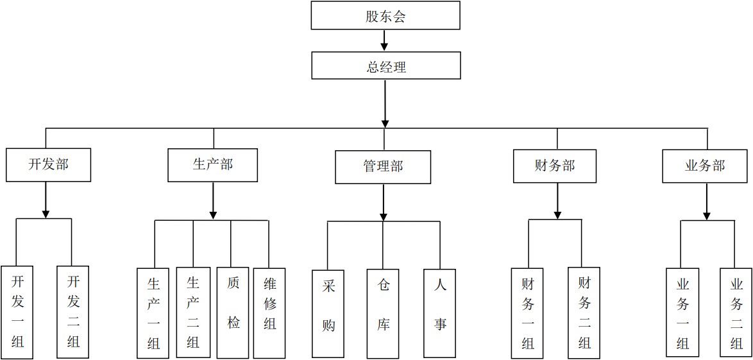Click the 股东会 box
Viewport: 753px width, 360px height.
click(385, 15)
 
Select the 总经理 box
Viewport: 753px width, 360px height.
click(385, 65)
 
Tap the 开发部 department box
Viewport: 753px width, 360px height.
click(48, 165)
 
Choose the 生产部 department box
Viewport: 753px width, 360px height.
click(212, 165)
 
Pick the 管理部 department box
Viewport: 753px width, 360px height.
click(383, 167)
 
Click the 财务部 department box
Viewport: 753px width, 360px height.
click(555, 166)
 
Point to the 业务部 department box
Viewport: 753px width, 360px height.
click(705, 166)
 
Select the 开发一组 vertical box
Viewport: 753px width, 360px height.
click(17, 312)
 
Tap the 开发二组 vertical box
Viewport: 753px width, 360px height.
click(73, 312)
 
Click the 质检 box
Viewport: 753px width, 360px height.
click(233, 313)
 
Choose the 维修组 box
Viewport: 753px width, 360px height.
click(269, 313)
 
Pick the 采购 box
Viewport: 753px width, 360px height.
click(328, 313)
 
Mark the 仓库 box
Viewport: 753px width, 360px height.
click(384, 313)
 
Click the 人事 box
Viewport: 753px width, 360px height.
click(440, 313)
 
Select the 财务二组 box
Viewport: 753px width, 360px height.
click(584, 313)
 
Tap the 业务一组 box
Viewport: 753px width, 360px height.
click(682, 313)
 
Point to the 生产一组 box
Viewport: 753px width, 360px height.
click(153, 313)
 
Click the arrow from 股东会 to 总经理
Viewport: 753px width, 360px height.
click(385, 41)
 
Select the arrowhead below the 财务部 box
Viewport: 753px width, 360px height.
click(557, 213)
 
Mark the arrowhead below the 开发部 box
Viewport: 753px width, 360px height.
click(46, 212)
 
